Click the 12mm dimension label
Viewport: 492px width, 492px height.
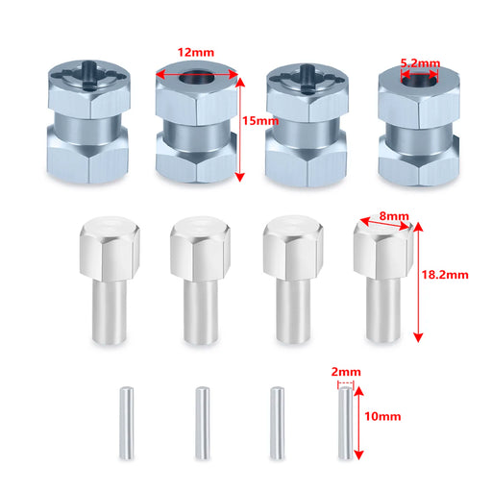(x=196, y=52)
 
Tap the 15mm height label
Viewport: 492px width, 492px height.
(x=260, y=121)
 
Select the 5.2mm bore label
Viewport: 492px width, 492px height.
(x=420, y=63)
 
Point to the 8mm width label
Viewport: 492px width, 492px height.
(x=394, y=216)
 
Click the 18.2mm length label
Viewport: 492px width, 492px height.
(x=445, y=275)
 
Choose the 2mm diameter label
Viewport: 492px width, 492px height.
(x=346, y=372)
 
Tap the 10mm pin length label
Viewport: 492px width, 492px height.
(x=382, y=416)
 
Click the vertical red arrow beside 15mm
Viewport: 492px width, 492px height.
(x=240, y=129)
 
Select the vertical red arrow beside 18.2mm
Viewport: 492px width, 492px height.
(x=418, y=282)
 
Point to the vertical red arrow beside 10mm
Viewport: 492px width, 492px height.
(x=359, y=423)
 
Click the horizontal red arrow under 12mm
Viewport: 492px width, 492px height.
(x=197, y=75)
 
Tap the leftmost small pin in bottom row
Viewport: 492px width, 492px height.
(x=127, y=423)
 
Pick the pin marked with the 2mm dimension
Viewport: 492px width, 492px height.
(x=346, y=423)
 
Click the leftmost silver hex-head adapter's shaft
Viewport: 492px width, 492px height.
(x=110, y=310)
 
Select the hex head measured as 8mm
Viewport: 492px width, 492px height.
(x=383, y=248)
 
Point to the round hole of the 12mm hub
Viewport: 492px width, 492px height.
(x=197, y=77)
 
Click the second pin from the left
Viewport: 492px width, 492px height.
(x=203, y=423)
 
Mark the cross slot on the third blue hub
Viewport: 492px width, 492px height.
(x=307, y=79)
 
